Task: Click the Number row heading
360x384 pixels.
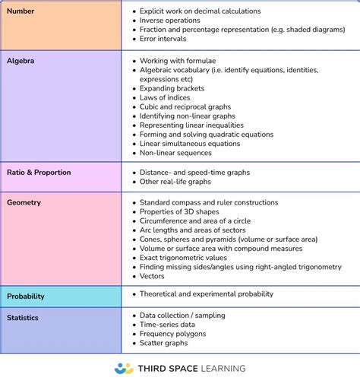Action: (x=21, y=11)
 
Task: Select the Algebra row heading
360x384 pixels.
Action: (x=21, y=60)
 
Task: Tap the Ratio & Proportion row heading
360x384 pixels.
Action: (x=39, y=173)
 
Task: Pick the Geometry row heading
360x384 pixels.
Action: (x=24, y=203)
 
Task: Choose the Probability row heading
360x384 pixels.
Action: (x=26, y=297)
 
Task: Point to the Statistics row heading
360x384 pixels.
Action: (x=23, y=318)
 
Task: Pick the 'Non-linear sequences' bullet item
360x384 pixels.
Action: (x=175, y=153)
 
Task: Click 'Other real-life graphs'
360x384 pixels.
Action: (x=175, y=182)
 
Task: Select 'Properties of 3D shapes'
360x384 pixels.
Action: (x=179, y=212)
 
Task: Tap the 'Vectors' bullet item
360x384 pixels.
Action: (x=153, y=276)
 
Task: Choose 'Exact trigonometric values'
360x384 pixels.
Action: (x=185, y=258)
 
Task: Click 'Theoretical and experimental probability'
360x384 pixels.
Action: (x=207, y=294)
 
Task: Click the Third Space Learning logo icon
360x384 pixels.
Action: (x=124, y=368)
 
